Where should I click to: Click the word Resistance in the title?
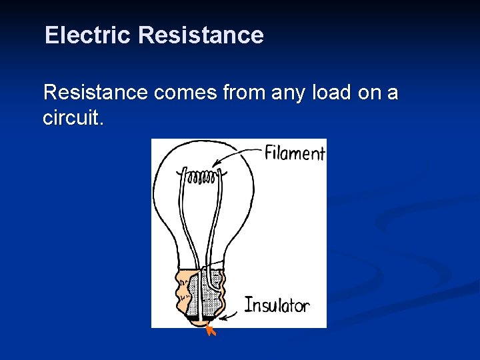[x=201, y=35]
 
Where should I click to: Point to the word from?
[x=245, y=93]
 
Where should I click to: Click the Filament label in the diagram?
[x=294, y=153]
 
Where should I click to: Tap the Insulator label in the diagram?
[x=277, y=305]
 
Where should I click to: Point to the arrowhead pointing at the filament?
[x=214, y=165]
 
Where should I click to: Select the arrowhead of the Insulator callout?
[x=223, y=319]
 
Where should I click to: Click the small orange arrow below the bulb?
[x=211, y=329]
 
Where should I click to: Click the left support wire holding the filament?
[x=184, y=220]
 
